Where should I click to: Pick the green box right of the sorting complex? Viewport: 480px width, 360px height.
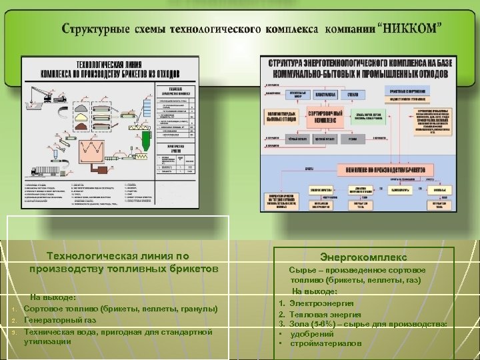[367, 116]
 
